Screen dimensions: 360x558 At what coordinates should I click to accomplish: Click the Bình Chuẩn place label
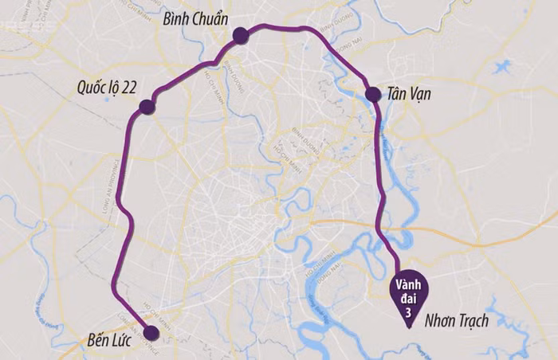click(195, 18)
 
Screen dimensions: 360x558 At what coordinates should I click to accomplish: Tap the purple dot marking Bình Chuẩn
click(241, 34)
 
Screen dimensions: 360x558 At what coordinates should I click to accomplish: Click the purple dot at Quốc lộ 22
click(146, 107)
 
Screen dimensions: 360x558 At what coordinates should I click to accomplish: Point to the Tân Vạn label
click(410, 94)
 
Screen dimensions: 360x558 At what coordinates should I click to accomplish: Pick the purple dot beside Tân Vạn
click(372, 95)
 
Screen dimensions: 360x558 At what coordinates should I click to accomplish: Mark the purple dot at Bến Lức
click(151, 332)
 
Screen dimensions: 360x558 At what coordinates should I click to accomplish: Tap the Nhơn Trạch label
click(457, 320)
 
